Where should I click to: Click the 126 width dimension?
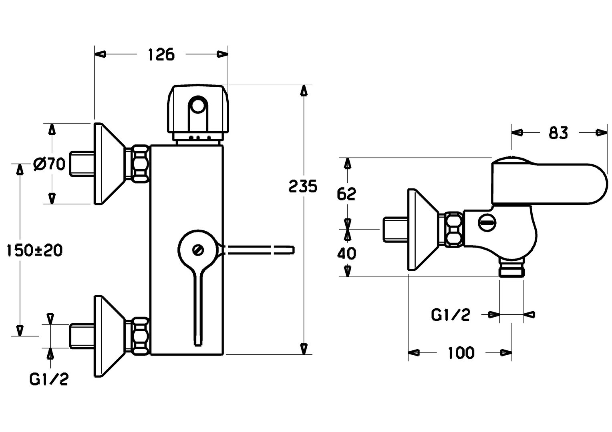(x=161, y=54)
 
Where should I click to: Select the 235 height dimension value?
(x=303, y=187)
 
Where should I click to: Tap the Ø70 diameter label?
(x=49, y=164)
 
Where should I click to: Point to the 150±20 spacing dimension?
(x=34, y=250)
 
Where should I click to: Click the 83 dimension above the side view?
(x=558, y=133)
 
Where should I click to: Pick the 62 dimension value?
(x=346, y=194)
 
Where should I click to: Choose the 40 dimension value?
(x=346, y=254)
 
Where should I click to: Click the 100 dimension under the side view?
(x=461, y=353)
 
